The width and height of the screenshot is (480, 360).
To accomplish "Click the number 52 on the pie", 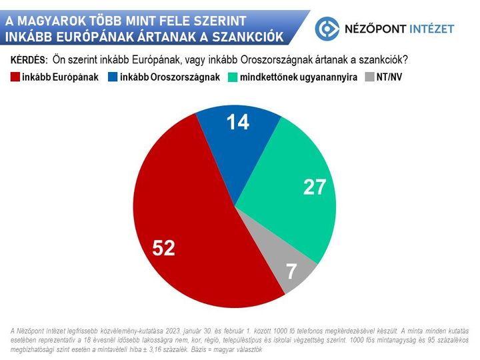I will [163, 248].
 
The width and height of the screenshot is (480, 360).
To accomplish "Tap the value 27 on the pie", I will [314, 187].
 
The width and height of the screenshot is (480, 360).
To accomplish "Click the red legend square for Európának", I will [15, 77].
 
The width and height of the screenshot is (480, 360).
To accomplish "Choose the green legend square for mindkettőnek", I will [233, 77].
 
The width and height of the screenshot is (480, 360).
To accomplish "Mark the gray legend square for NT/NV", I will [369, 77].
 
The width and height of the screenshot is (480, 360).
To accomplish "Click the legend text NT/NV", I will [390, 77].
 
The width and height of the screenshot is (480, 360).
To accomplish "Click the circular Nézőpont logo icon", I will [327, 28].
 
